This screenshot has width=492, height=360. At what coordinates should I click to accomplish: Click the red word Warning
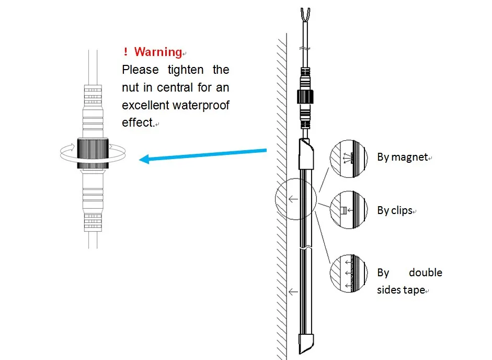158,52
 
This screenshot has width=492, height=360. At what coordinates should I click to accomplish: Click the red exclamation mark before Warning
125,52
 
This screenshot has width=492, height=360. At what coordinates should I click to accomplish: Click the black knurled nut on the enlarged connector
93,153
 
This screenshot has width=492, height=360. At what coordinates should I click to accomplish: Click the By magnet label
403,157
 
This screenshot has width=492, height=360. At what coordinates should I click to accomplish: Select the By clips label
395,211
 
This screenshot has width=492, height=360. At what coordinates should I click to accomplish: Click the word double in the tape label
426,273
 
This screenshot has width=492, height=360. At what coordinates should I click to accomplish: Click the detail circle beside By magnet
346,155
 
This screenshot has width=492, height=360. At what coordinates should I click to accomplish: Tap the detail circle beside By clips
346,210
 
